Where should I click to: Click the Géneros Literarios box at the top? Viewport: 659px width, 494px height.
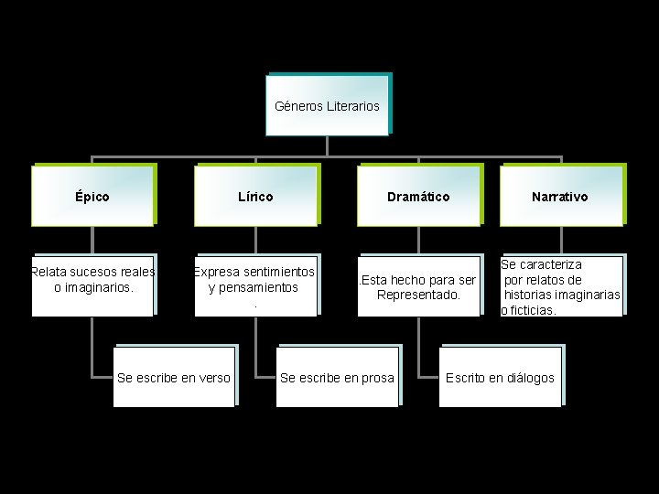[x=327, y=105]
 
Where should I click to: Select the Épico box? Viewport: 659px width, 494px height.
[x=92, y=196]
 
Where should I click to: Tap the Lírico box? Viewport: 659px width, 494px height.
[x=255, y=196]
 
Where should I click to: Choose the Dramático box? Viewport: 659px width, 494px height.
[x=418, y=196]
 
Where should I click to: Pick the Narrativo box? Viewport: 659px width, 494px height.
[x=560, y=196]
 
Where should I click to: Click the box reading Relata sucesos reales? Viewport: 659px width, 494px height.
[x=92, y=285]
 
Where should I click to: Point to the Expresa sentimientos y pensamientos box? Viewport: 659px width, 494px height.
[x=255, y=285]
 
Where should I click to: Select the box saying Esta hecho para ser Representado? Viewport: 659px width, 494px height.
[x=418, y=285]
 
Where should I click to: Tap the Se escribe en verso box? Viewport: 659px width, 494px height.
[x=174, y=377]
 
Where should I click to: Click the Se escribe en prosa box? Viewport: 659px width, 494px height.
[x=337, y=377]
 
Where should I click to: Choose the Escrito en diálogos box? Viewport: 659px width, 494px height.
[x=500, y=377]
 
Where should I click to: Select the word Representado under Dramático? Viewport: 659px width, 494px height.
[x=418, y=295]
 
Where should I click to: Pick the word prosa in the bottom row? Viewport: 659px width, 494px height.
[x=377, y=378]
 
